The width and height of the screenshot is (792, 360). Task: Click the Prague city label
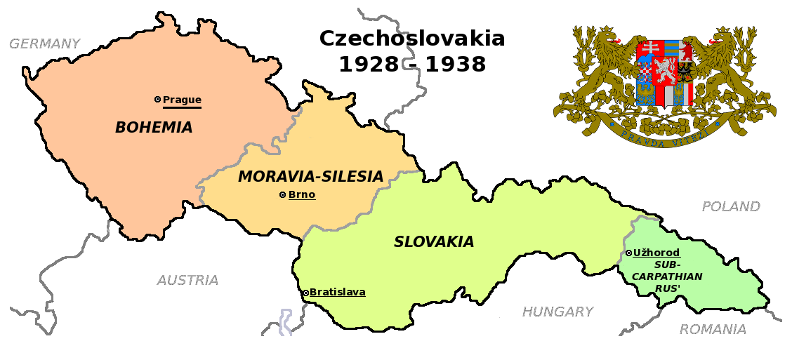click(x=182, y=100)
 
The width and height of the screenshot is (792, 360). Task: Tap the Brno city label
click(x=302, y=195)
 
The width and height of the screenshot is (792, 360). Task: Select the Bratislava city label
click(x=337, y=293)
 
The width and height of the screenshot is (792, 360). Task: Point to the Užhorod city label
click(x=656, y=253)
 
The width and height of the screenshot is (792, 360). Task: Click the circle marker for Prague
click(x=158, y=100)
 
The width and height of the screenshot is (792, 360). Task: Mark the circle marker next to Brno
click(x=283, y=195)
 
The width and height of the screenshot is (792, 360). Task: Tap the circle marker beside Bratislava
click(x=305, y=293)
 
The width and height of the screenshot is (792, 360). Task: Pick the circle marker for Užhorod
click(x=628, y=253)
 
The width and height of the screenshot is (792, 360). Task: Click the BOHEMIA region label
click(x=154, y=128)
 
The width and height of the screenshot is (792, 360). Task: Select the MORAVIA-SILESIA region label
click(x=310, y=177)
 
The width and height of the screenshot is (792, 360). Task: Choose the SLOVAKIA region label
click(x=434, y=242)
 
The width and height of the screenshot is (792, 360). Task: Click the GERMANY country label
click(x=44, y=44)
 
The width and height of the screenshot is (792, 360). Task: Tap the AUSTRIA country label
click(x=187, y=281)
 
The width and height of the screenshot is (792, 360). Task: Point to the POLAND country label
click(x=731, y=207)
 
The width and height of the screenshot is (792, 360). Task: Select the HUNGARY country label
click(x=557, y=312)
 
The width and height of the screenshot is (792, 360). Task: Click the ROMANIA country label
click(x=713, y=330)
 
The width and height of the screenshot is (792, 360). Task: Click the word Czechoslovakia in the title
click(x=412, y=39)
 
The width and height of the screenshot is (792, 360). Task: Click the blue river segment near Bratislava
click(x=285, y=323)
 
